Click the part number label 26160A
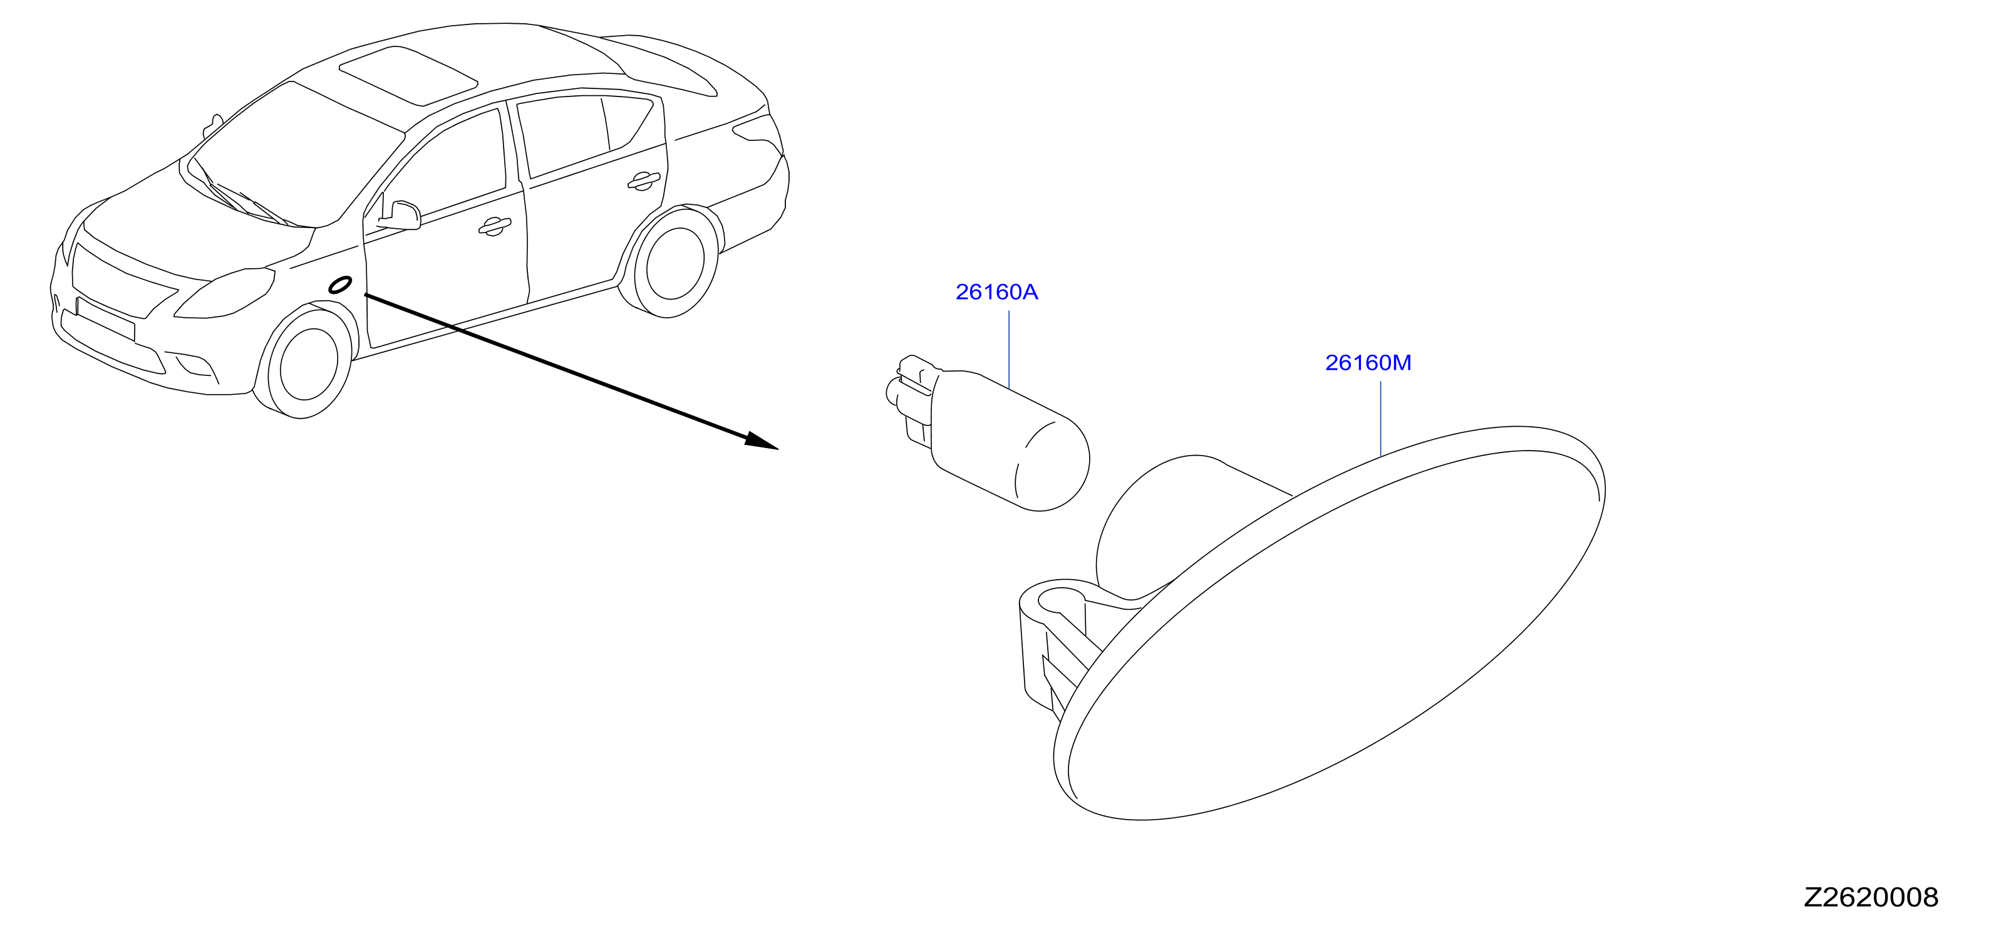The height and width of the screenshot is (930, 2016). pos(996,292)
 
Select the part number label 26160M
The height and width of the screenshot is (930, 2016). pos(1368,362)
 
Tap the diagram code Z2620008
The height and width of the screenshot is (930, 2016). pos(1871,897)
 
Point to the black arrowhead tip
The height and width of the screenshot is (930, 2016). pos(778,449)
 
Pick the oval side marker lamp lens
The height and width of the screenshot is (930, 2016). pos(1330,626)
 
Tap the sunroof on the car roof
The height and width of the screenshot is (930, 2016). pos(408,75)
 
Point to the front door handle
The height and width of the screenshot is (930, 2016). pos(494,226)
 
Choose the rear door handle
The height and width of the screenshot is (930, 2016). pos(643,181)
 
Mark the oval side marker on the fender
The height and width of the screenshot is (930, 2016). pos(339,285)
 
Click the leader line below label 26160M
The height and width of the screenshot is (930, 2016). pos(1380,419)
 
